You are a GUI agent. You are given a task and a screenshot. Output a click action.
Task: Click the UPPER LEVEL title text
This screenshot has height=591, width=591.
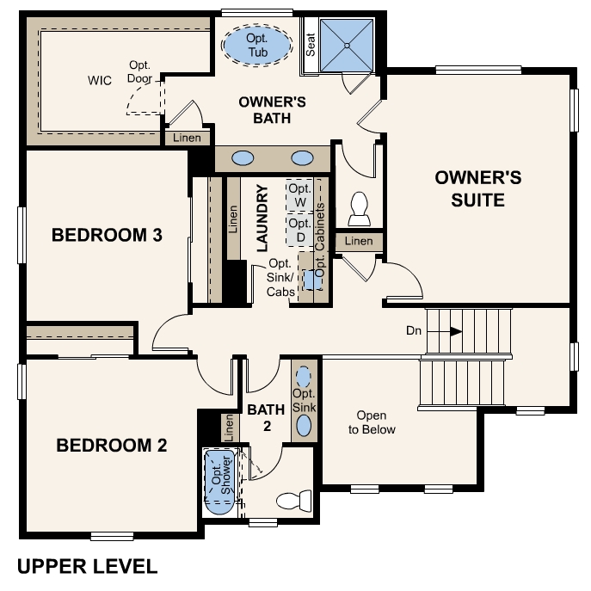point(87,566)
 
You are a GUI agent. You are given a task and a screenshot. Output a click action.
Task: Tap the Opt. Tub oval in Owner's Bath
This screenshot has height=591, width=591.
point(256,44)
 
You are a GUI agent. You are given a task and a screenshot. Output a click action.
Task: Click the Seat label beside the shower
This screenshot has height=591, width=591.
point(311,46)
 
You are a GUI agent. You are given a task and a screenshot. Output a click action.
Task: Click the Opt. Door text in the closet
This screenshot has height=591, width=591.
point(140,71)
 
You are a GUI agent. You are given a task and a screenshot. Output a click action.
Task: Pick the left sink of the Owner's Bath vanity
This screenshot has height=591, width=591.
point(243,159)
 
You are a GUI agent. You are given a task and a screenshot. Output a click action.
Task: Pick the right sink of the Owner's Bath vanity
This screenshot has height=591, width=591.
point(302,159)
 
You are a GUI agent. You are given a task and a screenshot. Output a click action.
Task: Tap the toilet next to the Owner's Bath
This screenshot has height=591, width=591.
point(359,207)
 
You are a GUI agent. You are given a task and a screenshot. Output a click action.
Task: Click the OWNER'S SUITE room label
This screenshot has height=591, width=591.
point(477,188)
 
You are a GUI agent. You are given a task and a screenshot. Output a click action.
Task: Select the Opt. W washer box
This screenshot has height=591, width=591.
point(299,195)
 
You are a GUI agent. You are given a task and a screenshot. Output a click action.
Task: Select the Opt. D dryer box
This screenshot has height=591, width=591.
point(299,230)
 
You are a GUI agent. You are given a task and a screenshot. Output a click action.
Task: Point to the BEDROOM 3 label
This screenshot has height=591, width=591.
point(107,235)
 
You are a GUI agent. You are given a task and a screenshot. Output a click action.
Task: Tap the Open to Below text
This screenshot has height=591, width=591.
point(372,422)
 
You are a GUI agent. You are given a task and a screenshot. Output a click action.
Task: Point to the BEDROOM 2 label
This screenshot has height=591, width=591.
point(111,446)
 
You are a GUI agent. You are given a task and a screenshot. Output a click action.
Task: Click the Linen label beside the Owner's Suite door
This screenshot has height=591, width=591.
point(359,242)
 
